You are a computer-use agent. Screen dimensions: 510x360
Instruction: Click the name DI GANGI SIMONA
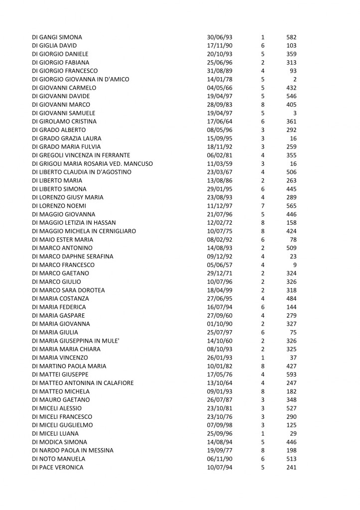click(57, 37)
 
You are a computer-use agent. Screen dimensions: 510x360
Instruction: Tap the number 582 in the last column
click(291, 37)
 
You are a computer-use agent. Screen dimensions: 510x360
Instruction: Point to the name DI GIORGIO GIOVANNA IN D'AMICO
click(80, 79)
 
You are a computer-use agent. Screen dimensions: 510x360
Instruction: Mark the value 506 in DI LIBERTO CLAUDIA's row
click(291, 172)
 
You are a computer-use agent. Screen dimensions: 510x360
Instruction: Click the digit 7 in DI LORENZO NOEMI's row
click(262, 206)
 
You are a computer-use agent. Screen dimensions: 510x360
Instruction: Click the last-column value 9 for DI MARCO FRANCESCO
click(295, 264)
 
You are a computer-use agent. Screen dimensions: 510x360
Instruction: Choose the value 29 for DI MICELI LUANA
click(293, 433)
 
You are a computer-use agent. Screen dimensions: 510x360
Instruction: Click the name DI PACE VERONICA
click(57, 467)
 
